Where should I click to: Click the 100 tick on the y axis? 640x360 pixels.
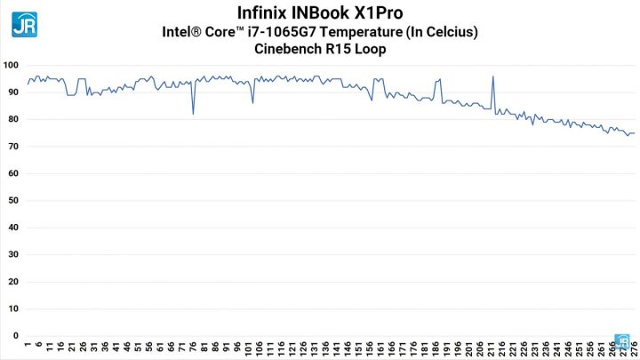click(12, 66)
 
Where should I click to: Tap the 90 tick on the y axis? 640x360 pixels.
click(13, 92)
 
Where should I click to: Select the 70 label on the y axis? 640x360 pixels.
click(13, 147)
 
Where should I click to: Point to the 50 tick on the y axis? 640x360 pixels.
click(13, 201)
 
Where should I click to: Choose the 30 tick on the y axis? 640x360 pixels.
click(13, 255)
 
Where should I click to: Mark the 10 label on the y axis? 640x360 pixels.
click(13, 309)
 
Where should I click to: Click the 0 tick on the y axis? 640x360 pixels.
click(16, 336)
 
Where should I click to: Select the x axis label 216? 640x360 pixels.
click(502, 348)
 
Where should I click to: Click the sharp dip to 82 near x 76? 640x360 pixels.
click(193, 114)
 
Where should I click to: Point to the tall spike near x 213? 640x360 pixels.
click(493, 76)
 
